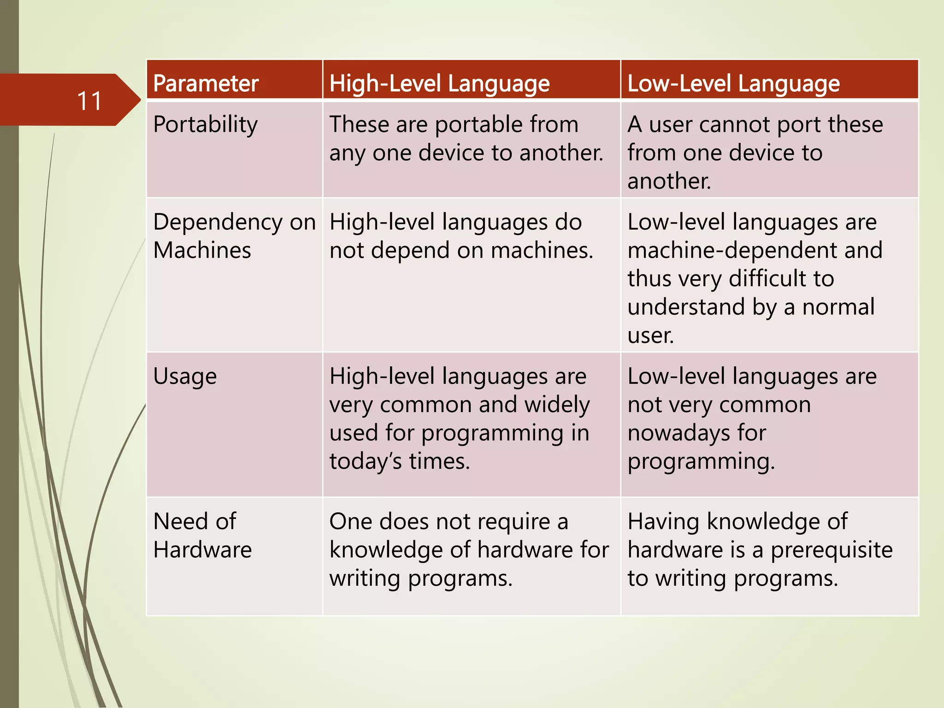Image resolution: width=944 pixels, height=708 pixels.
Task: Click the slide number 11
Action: point(89,101)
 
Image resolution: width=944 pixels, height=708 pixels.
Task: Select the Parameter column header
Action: point(206,83)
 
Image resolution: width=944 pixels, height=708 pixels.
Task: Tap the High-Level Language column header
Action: point(439,83)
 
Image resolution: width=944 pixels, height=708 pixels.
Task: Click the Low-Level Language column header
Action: point(733,83)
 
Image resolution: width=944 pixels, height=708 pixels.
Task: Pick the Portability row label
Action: point(206,124)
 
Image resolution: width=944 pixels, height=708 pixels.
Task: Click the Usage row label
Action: point(185,377)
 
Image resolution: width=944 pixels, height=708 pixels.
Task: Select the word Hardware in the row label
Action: point(202,550)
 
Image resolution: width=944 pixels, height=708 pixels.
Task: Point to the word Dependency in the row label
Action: point(218,223)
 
